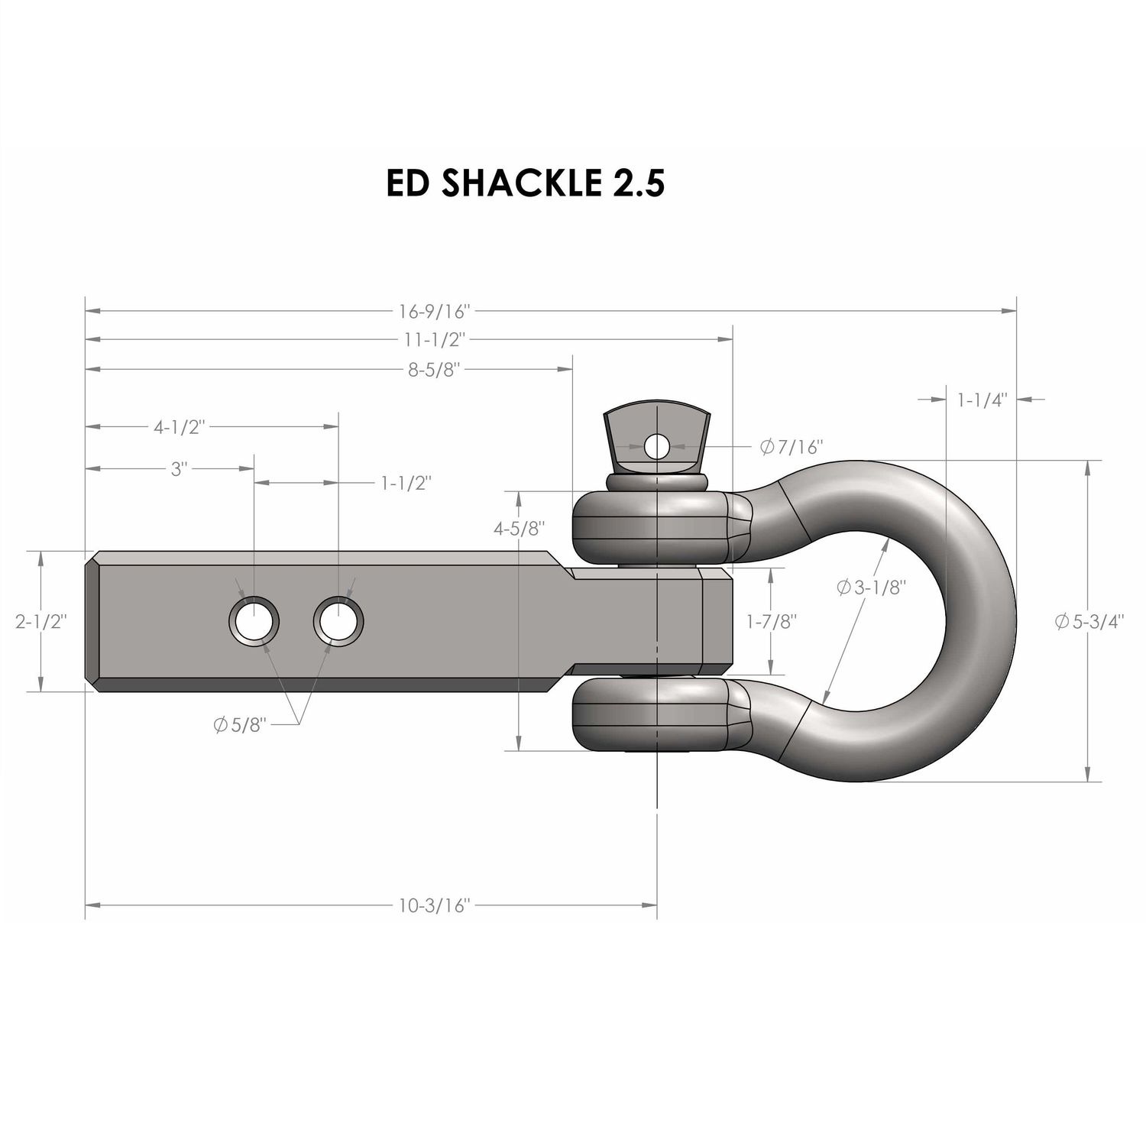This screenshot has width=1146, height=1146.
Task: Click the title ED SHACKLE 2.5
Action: point(525,183)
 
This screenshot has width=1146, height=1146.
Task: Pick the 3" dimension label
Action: point(179,468)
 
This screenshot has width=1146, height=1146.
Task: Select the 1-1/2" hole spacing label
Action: point(406,483)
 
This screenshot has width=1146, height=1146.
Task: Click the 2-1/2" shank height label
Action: point(41,621)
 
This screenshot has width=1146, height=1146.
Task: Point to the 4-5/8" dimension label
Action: point(520,528)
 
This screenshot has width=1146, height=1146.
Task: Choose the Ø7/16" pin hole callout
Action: point(791,447)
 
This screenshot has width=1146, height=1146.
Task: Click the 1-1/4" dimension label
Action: point(982,399)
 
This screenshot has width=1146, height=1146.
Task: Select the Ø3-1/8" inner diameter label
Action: point(871,588)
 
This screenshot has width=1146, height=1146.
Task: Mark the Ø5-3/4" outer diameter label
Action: point(1090,621)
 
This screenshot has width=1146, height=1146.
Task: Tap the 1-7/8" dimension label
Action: point(772,621)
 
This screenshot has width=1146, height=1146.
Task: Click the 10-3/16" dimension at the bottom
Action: point(433,906)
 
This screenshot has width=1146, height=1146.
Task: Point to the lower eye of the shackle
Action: point(649,715)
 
